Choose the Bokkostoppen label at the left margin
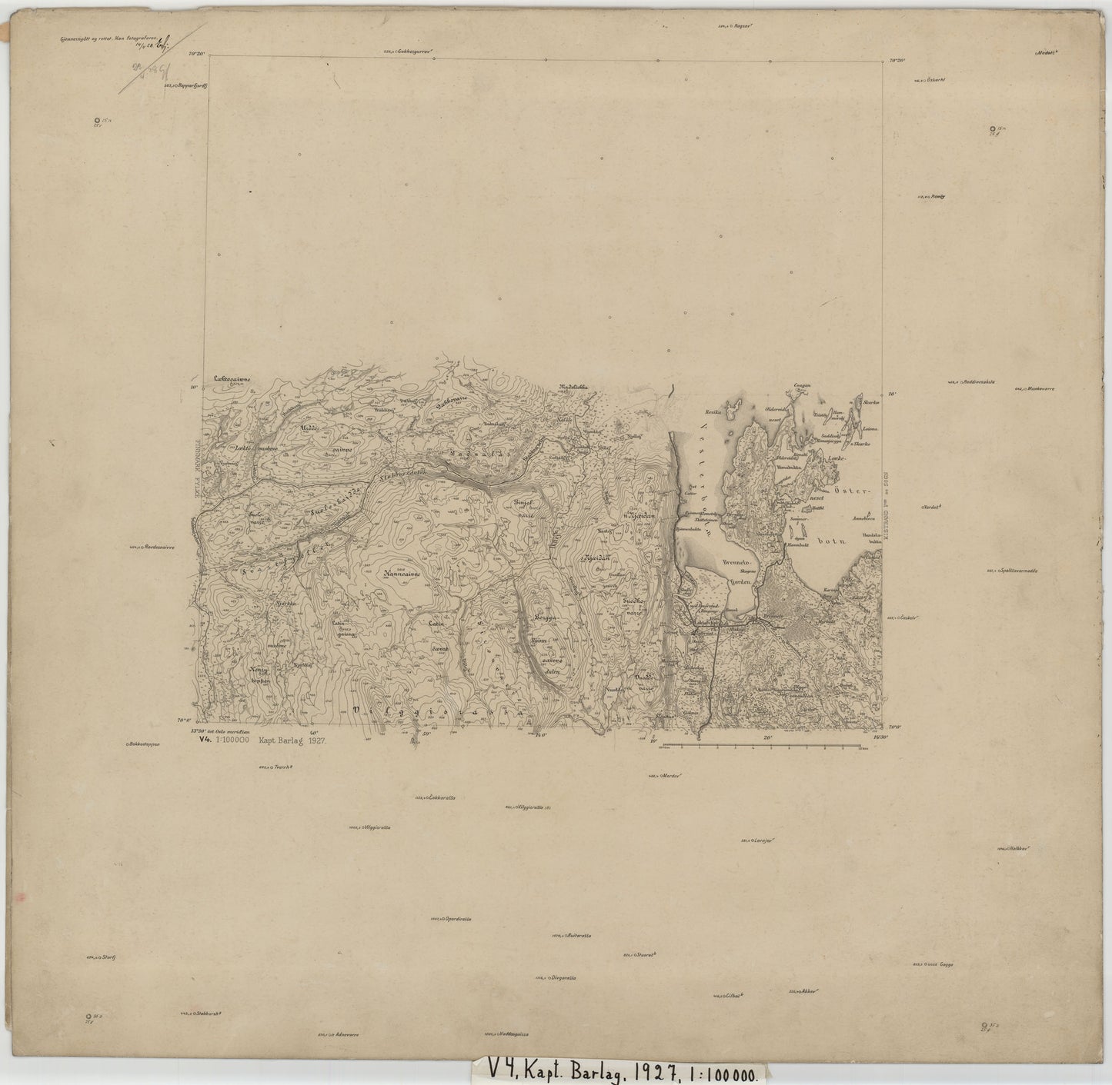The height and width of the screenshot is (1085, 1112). pos(145,744)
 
